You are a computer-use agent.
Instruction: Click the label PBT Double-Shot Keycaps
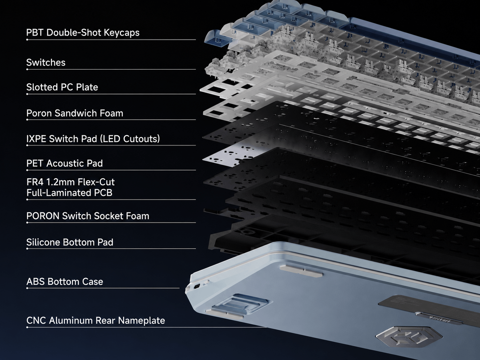coord(83,32)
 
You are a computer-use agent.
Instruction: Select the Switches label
coord(46,63)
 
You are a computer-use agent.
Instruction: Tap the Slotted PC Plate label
coord(62,87)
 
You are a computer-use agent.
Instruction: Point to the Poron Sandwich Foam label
coord(75,113)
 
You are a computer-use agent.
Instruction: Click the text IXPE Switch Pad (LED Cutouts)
coord(93,139)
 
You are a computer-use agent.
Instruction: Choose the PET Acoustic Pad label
coord(65,163)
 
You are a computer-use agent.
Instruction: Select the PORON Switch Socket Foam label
coord(88,216)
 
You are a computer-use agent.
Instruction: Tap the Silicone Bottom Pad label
coord(70,242)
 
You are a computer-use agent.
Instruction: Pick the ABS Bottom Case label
coord(65,281)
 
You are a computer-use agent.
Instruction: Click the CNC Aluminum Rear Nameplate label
coord(95,321)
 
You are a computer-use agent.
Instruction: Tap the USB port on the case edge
coord(197,286)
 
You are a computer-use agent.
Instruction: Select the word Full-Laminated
coord(57,193)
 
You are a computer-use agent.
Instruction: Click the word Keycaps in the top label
coord(121,33)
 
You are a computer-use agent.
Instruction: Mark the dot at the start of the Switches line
coord(27,70)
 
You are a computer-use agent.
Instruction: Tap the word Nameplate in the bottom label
coord(141,321)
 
